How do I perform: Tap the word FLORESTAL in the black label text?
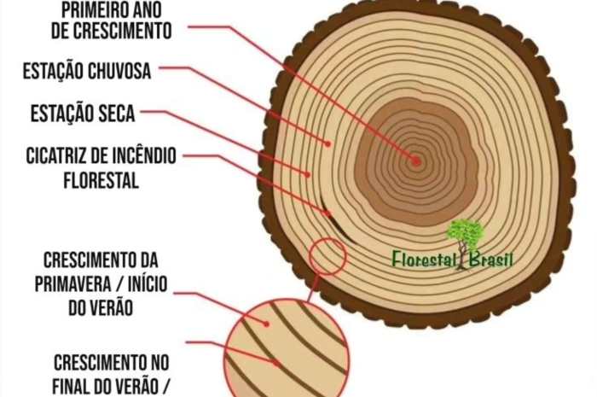point(101,180)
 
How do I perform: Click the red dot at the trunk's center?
point(416,160)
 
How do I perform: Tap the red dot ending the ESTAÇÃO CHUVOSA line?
point(327,143)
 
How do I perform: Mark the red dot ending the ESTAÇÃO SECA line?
point(308,173)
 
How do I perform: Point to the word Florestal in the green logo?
point(424,258)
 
